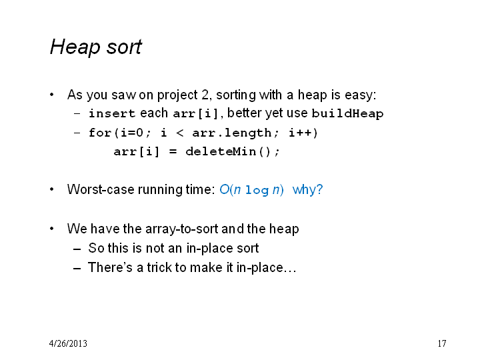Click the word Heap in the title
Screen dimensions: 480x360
[75, 47]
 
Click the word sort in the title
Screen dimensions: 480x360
[124, 47]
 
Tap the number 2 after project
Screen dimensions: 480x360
[205, 95]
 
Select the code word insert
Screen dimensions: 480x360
[112, 113]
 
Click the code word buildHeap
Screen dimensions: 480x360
[347, 114]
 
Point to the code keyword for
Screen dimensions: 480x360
[100, 133]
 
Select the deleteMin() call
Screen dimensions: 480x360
[233, 151]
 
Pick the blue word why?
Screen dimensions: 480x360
[307, 190]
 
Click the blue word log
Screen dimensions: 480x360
[257, 191]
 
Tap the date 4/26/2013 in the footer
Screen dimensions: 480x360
[68, 343]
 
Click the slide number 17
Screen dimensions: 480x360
[442, 343]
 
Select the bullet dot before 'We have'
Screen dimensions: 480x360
[52, 229]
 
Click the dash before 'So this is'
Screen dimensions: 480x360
[77, 249]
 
